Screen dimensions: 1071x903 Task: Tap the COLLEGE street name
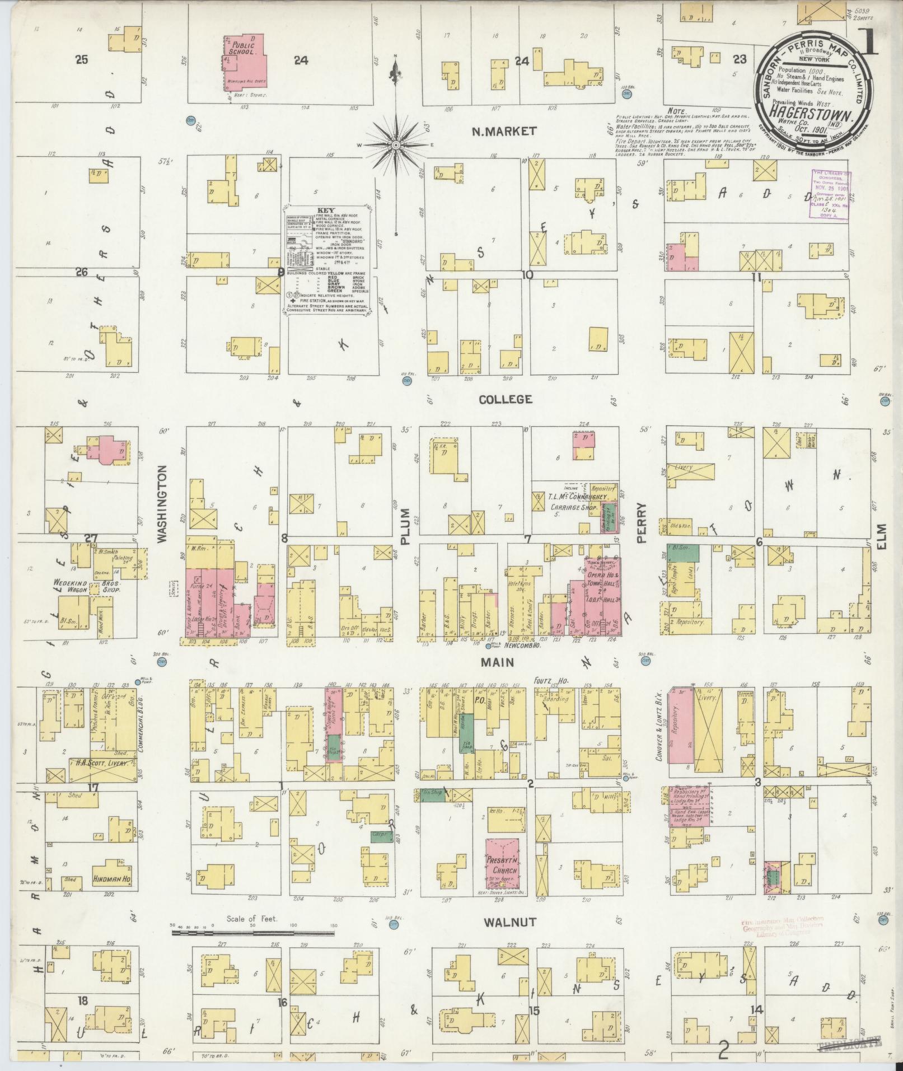coord(505,399)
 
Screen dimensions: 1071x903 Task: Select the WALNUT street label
coord(510,922)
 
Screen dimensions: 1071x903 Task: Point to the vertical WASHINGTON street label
coord(163,506)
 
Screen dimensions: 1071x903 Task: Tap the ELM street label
coord(883,536)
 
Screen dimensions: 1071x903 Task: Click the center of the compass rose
coord(396,145)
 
